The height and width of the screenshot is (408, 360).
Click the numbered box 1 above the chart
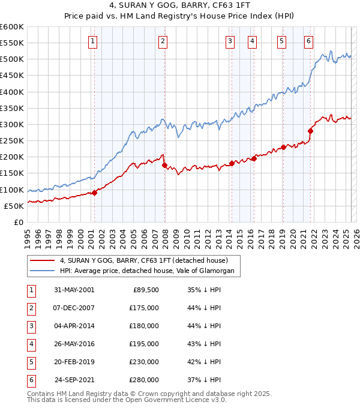(x=94, y=41)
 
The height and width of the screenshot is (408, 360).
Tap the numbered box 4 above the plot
(x=252, y=41)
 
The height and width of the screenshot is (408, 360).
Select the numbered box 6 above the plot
(x=308, y=41)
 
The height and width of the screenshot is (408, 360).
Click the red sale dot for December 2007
(x=164, y=165)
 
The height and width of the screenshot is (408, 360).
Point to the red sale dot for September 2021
(x=310, y=131)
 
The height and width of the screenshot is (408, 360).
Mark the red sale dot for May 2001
(x=94, y=193)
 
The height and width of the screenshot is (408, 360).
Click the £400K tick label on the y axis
(x=12, y=92)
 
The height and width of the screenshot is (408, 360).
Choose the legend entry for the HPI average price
(x=150, y=271)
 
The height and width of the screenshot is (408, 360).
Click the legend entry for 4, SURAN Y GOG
(x=143, y=261)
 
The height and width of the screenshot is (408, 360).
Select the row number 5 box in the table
(x=30, y=362)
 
